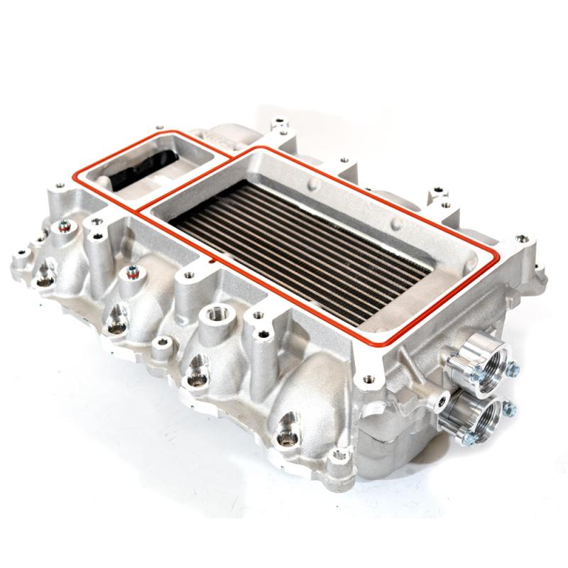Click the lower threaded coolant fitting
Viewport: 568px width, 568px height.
tap(469, 414)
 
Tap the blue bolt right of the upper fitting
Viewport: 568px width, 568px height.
tap(513, 369)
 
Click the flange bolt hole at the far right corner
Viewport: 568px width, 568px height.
tap(523, 239)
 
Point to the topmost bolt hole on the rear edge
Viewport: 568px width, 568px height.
tap(279, 119)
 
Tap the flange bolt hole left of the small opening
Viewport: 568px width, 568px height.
tap(57, 190)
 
